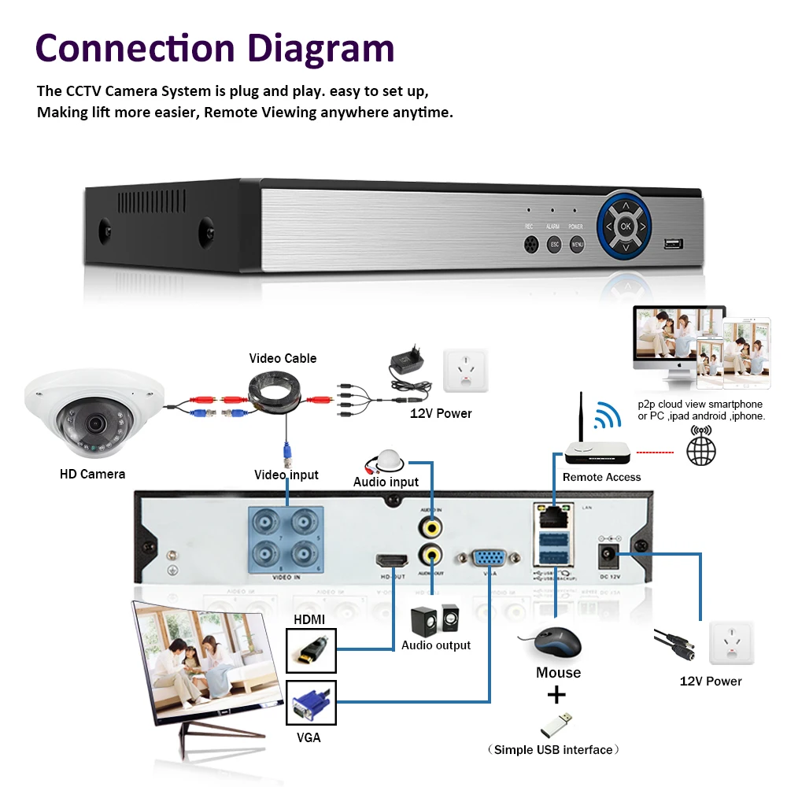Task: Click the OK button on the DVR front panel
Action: click(x=626, y=226)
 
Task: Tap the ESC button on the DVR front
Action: click(x=554, y=245)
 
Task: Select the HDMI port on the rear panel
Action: click(x=392, y=562)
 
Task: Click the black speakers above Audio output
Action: click(x=433, y=621)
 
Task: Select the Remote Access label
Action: click(x=601, y=477)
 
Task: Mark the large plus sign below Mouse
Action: click(x=557, y=695)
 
